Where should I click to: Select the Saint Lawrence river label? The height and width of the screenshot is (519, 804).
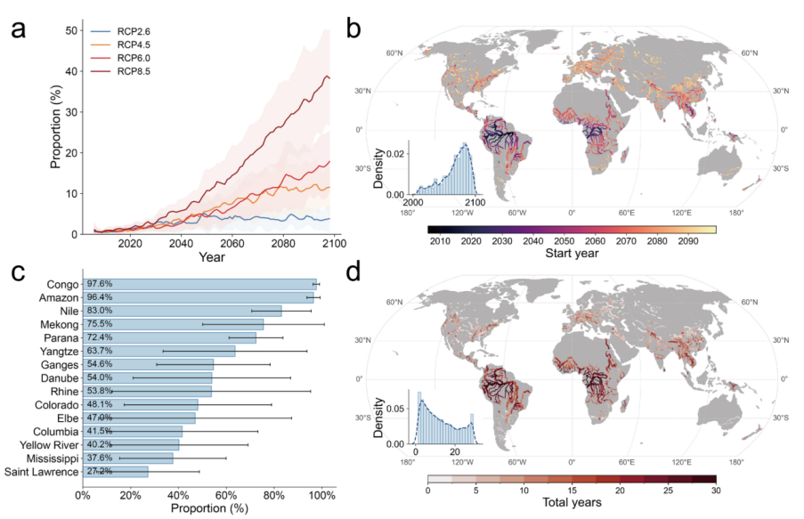pos(42,471)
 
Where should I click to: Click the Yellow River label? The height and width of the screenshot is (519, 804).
pos(47,444)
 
